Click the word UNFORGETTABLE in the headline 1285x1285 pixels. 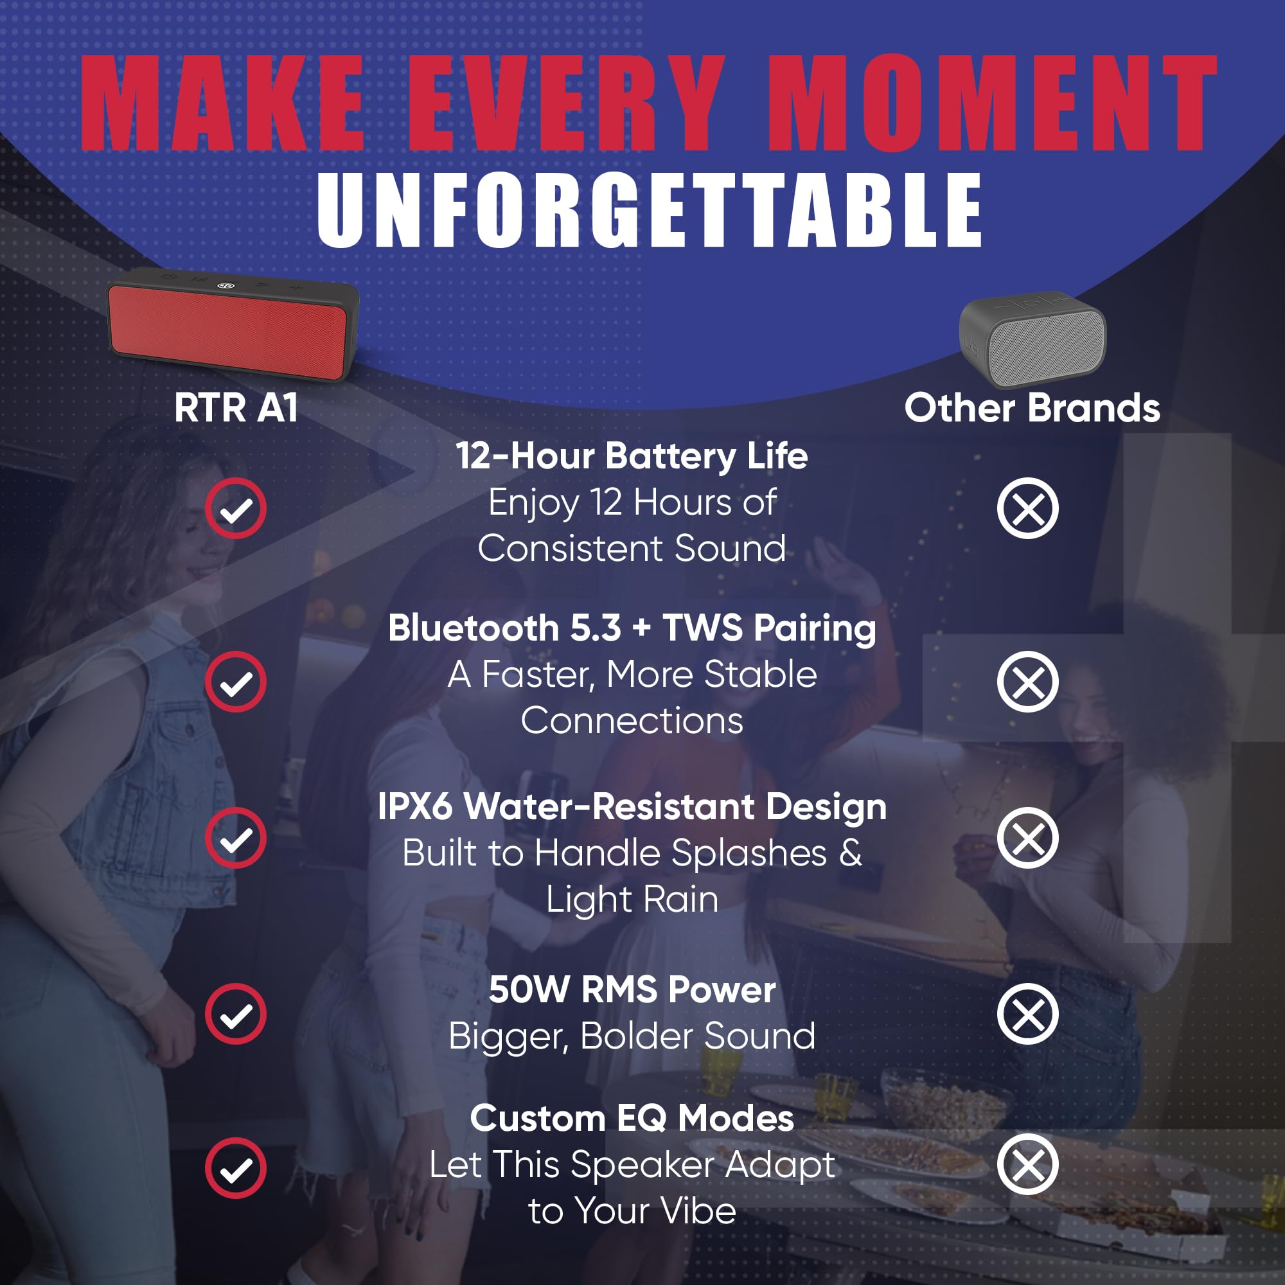649,209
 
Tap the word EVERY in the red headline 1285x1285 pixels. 567,102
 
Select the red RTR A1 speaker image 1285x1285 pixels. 233,324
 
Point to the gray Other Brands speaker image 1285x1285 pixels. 1032,339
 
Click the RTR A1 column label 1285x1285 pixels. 235,407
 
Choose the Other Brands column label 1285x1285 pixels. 1032,407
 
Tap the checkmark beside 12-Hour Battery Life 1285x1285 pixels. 235,508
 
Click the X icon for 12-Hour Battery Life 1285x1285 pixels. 1027,508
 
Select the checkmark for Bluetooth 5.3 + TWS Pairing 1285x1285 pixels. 235,682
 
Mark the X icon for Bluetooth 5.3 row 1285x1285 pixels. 1027,682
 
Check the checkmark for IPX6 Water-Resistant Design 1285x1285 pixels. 235,838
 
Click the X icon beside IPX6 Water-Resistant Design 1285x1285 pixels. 1027,838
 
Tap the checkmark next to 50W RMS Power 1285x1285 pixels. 235,1014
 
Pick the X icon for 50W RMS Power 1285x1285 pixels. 1027,1014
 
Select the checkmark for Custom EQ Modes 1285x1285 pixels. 235,1168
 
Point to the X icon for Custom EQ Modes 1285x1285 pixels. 1027,1164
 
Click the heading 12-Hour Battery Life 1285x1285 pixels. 632,456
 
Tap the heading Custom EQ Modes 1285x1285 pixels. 632,1118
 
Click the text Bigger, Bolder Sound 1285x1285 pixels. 632,1036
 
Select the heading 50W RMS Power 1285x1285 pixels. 632,989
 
